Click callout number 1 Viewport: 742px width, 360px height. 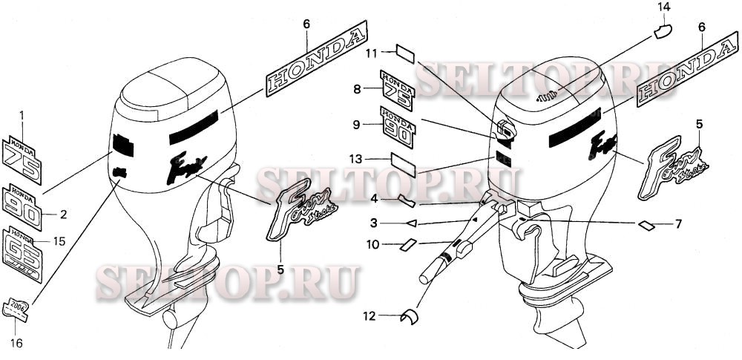[22, 115]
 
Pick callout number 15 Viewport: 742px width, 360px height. [60, 241]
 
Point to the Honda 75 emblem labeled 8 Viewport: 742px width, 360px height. [397, 91]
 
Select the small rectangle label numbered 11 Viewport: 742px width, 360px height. [407, 53]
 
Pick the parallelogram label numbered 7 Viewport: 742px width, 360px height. [646, 223]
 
